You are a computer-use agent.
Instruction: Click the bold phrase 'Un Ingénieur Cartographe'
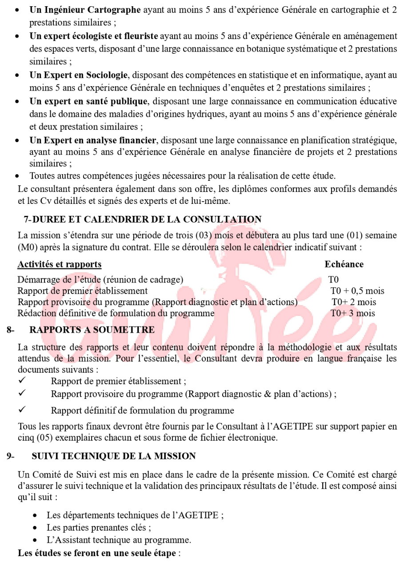[85, 10]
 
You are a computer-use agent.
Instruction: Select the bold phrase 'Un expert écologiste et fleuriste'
[94, 36]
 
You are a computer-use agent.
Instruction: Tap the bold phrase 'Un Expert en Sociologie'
[79, 75]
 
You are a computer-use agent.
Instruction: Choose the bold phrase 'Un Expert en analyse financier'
[93, 140]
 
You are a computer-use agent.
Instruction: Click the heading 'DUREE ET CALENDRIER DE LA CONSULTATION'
[147, 219]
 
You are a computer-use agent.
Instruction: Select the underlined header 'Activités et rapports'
[60, 264]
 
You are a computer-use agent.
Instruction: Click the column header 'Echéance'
[344, 264]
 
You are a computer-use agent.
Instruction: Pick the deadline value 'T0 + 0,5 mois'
[357, 291]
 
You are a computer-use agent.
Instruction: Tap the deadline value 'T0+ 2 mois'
[354, 302]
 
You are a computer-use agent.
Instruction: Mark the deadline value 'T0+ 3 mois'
[353, 313]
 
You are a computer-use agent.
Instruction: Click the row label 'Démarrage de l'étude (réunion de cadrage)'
[100, 280]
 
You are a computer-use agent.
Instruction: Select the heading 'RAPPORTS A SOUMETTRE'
[92, 330]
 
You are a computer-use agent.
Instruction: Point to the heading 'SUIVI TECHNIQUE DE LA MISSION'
[113, 456]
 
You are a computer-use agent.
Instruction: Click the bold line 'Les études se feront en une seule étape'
[97, 553]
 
